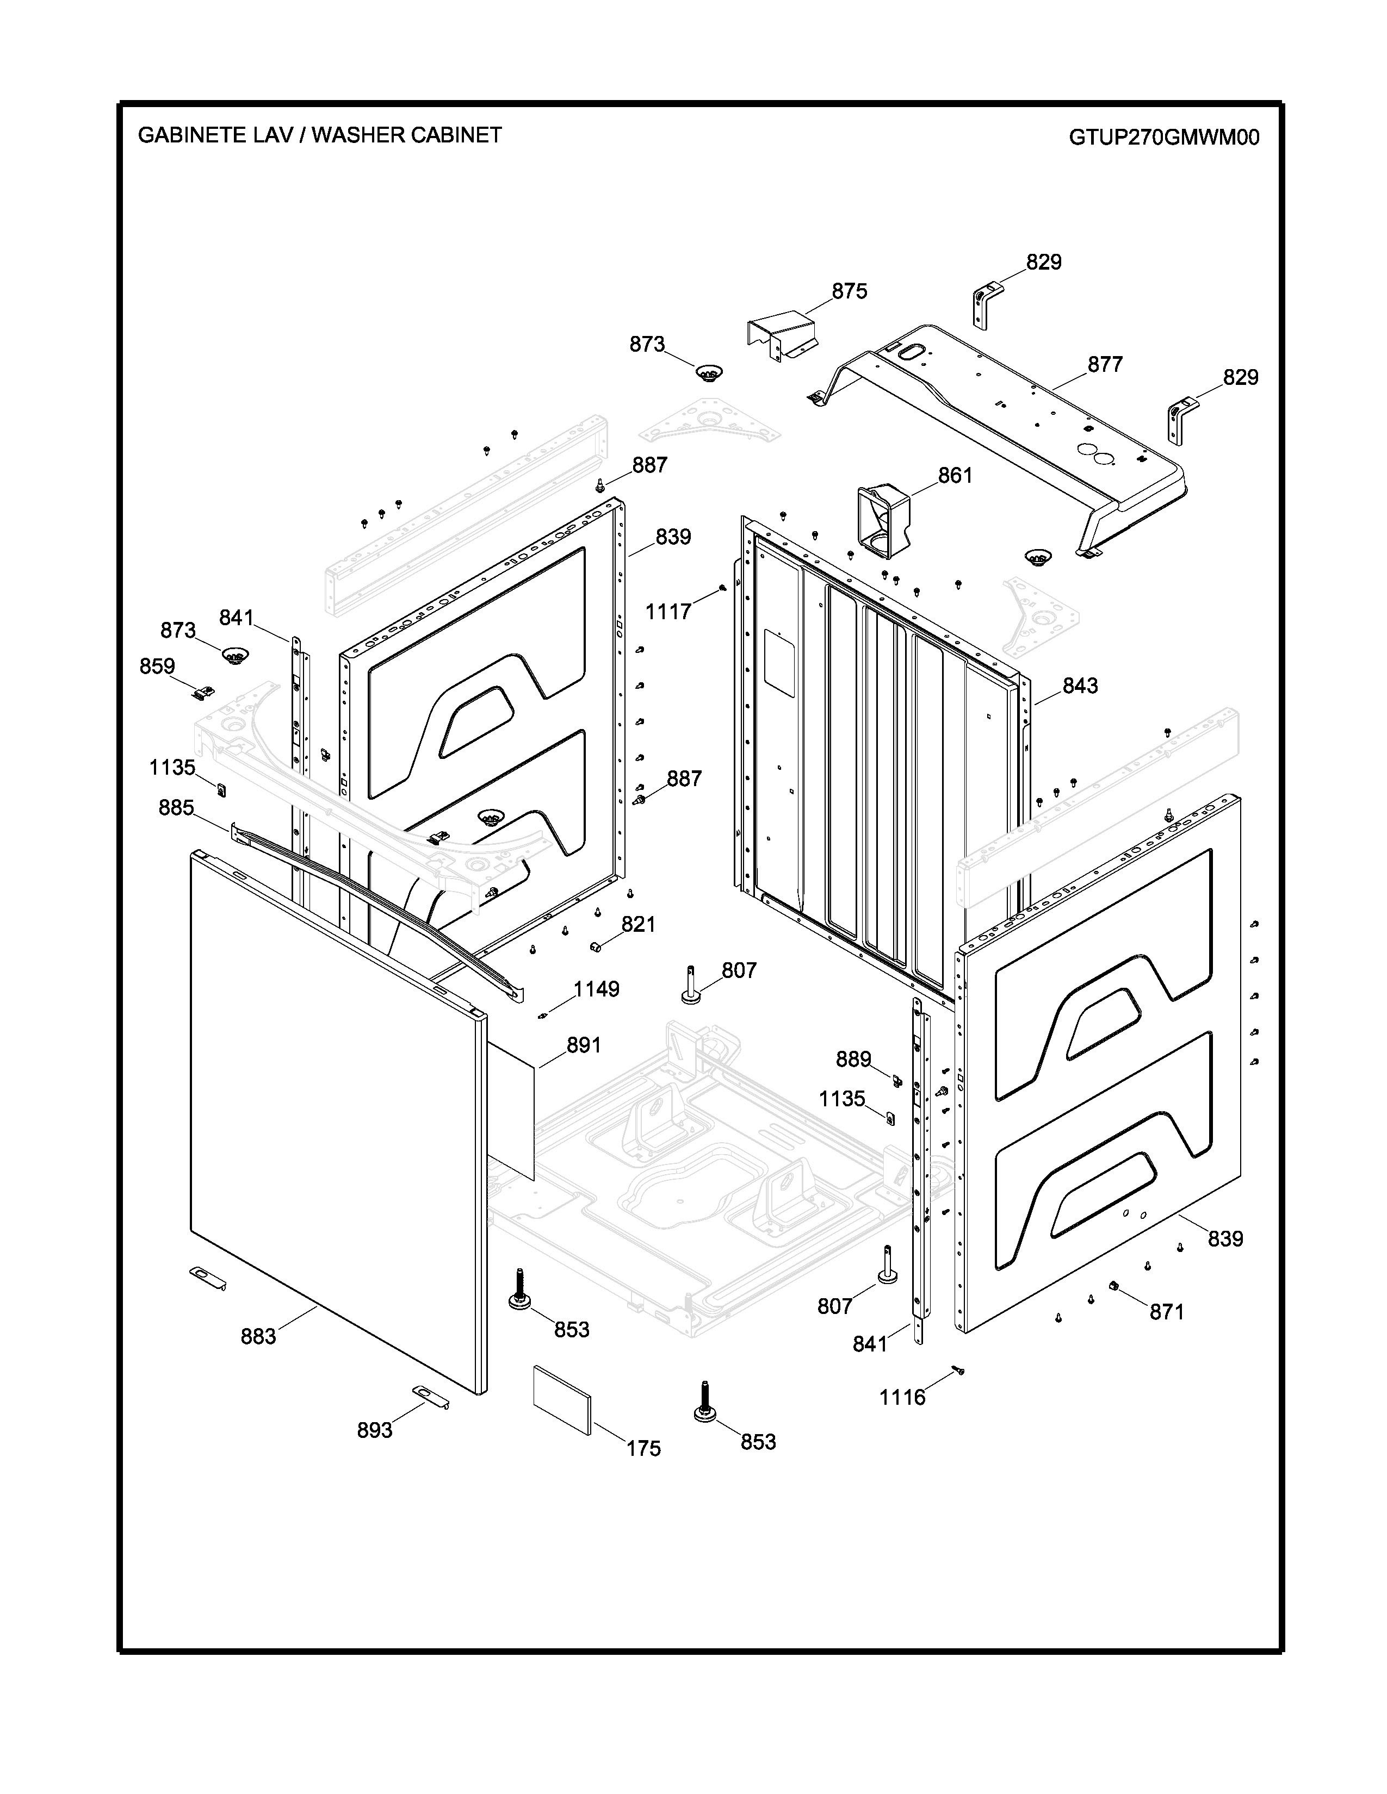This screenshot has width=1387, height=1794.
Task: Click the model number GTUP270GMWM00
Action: click(1163, 137)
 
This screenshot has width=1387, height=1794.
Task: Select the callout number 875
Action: click(849, 291)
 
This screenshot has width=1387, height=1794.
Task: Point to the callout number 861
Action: click(955, 476)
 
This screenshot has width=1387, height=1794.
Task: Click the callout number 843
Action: click(1080, 686)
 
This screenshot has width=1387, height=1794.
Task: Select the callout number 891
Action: click(584, 1045)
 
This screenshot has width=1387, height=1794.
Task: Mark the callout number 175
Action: click(643, 1449)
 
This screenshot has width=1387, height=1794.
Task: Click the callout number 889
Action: click(853, 1060)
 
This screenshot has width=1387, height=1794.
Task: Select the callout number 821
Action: click(637, 925)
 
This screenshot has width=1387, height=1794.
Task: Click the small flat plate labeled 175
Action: click(563, 1400)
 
